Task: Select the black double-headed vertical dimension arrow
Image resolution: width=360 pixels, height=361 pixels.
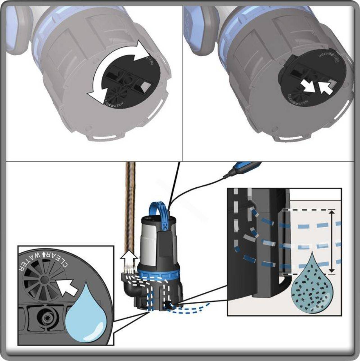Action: tap(332, 241)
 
